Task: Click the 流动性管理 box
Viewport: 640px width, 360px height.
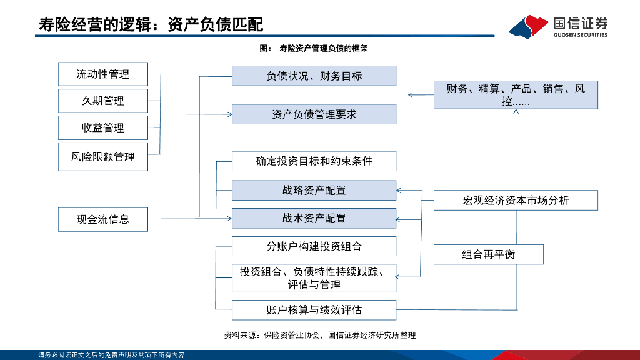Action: click(x=102, y=74)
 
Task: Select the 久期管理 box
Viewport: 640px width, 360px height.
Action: click(x=102, y=101)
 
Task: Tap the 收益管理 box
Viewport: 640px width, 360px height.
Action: click(x=102, y=127)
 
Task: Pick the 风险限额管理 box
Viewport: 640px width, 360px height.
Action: click(x=102, y=156)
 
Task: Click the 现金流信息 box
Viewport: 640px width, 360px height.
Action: click(x=102, y=219)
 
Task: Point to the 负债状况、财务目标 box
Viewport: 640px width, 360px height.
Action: click(x=314, y=76)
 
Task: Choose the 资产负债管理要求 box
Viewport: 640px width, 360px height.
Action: click(x=314, y=114)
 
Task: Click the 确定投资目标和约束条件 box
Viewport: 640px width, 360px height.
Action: click(x=314, y=161)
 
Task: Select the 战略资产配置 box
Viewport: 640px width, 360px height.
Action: click(x=314, y=191)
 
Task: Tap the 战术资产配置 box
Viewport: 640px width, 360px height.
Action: click(x=314, y=218)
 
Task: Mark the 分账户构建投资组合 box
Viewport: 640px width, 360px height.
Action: click(x=314, y=246)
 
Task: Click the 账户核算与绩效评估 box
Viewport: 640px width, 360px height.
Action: click(x=314, y=309)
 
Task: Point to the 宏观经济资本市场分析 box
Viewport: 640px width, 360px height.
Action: click(x=516, y=201)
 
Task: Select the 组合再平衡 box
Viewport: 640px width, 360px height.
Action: click(x=489, y=254)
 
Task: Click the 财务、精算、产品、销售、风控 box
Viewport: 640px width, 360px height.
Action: click(x=516, y=94)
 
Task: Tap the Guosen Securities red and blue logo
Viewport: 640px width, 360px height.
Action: click(x=528, y=26)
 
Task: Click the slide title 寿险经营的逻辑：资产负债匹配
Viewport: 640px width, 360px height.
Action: click(x=151, y=24)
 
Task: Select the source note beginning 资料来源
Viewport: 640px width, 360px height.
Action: click(x=319, y=336)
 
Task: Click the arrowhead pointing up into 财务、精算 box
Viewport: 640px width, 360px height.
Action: click(x=517, y=112)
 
